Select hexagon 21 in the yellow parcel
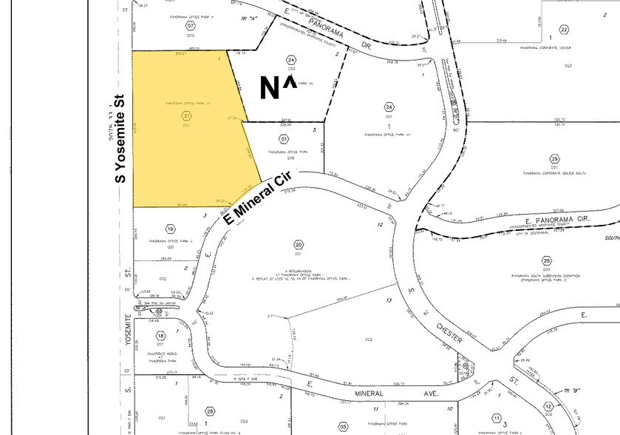tap(186, 116)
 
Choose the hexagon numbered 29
tap(555, 158)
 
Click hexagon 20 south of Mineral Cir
tap(299, 245)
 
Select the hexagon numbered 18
tap(160, 337)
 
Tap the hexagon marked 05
tap(344, 426)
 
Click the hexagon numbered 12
tap(548, 407)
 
